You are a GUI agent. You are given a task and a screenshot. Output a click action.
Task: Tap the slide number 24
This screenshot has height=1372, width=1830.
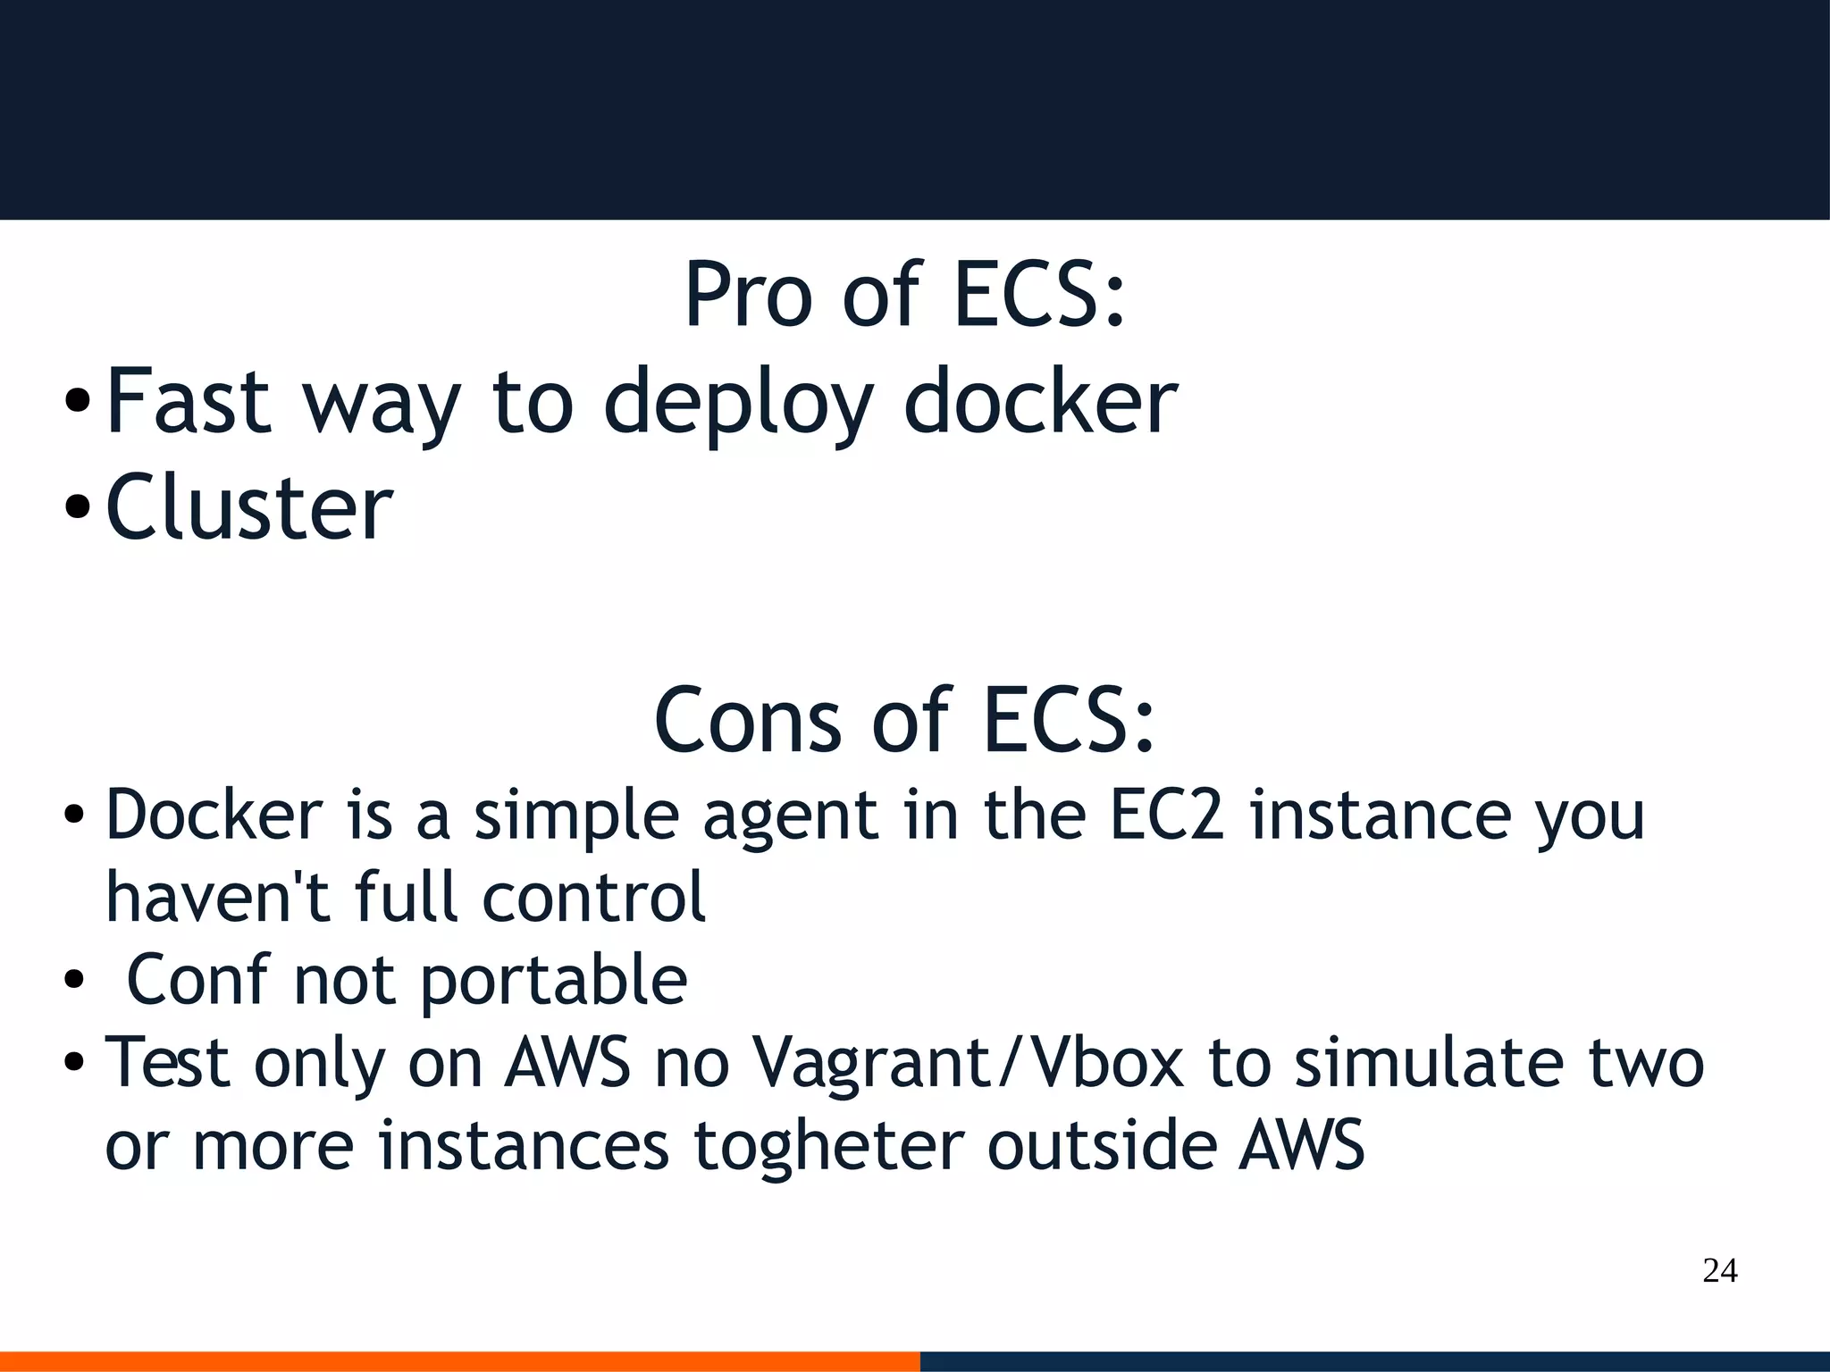(x=1719, y=1270)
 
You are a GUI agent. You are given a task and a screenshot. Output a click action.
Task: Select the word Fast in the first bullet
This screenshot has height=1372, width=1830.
(x=189, y=402)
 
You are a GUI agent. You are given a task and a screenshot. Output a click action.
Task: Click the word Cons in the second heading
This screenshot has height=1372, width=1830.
(x=747, y=720)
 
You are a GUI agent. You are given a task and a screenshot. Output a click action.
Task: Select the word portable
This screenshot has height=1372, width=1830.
(x=554, y=981)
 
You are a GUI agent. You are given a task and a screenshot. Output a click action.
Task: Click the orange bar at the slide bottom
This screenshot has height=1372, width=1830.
(x=459, y=1361)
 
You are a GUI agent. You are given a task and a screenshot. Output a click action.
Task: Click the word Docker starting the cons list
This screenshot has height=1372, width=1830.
(x=214, y=815)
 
